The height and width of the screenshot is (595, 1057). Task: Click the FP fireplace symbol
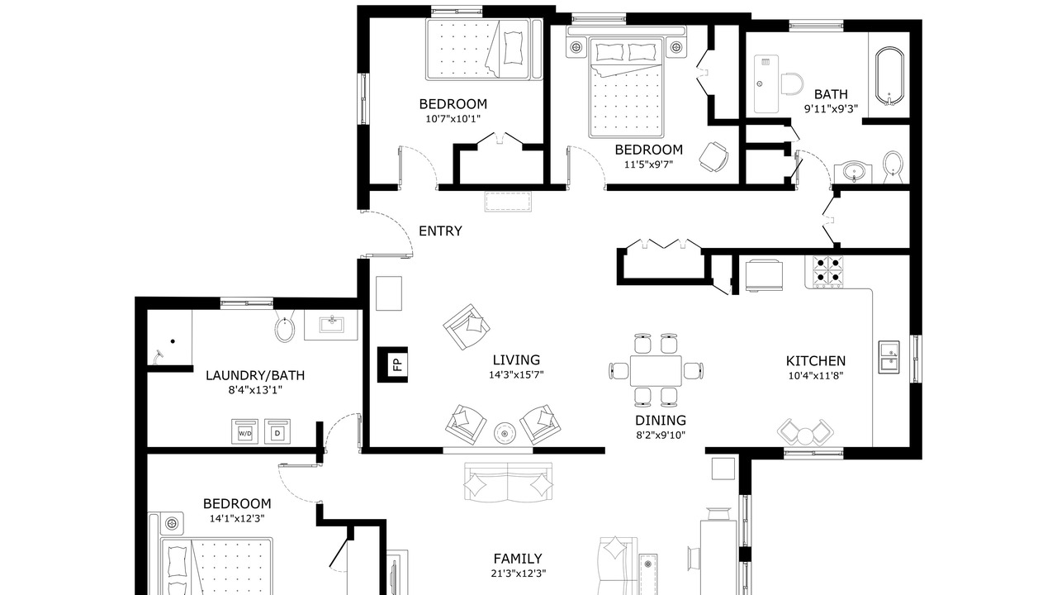[392, 364]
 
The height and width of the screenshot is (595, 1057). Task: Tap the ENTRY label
[440, 231]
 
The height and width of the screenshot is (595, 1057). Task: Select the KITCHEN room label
[815, 361]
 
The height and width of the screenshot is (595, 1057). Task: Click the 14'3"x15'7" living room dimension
[516, 375]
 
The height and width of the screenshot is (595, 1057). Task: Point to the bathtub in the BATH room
[889, 76]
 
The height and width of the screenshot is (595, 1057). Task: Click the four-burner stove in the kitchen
[828, 271]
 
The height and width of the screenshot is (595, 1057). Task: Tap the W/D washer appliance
[244, 431]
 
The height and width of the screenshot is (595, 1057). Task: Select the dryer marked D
[277, 431]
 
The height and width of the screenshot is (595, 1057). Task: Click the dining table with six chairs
[656, 370]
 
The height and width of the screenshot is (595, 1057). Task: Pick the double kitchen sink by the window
[889, 357]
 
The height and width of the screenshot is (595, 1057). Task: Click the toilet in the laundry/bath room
[285, 326]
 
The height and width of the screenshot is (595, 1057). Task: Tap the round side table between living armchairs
[505, 432]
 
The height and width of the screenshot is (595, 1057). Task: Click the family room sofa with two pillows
[508, 481]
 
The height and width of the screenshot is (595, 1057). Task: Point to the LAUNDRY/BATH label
[255, 376]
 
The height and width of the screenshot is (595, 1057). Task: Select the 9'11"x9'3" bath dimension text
[831, 109]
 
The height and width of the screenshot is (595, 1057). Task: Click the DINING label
[661, 421]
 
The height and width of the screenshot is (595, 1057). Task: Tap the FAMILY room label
[518, 559]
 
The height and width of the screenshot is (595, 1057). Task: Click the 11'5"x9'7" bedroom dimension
[648, 164]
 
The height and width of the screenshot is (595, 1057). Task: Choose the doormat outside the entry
[508, 202]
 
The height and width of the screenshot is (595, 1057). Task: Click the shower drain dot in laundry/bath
[173, 341]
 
